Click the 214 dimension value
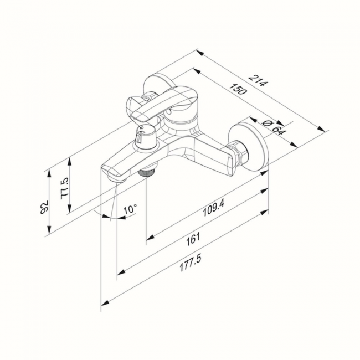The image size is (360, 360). (259, 80)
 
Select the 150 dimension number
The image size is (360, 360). (238, 89)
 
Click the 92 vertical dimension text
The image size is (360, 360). (44, 207)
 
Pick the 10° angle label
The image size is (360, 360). (130, 210)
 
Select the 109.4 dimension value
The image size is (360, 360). (214, 208)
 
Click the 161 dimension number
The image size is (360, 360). (193, 239)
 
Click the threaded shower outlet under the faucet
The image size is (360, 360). (148, 172)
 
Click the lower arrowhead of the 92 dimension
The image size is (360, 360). (49, 230)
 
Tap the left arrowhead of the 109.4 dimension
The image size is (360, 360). (150, 237)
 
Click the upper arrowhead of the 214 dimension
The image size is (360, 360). (200, 53)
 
